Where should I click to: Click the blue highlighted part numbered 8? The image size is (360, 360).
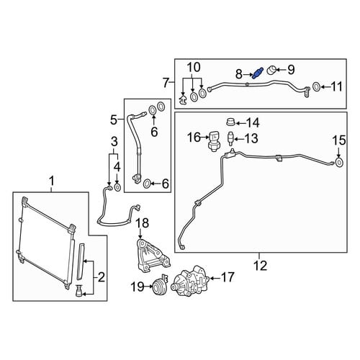[x=258, y=73]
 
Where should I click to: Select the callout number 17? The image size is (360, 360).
[x=228, y=277]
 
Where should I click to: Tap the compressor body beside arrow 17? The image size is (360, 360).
[x=189, y=282]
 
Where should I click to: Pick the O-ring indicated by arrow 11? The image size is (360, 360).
[x=316, y=87]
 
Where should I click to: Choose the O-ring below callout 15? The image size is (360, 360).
[x=339, y=163]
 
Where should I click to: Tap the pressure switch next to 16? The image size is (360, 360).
[x=214, y=141]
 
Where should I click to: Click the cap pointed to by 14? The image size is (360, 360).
[x=230, y=122]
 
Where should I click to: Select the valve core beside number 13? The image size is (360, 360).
[x=230, y=139]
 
